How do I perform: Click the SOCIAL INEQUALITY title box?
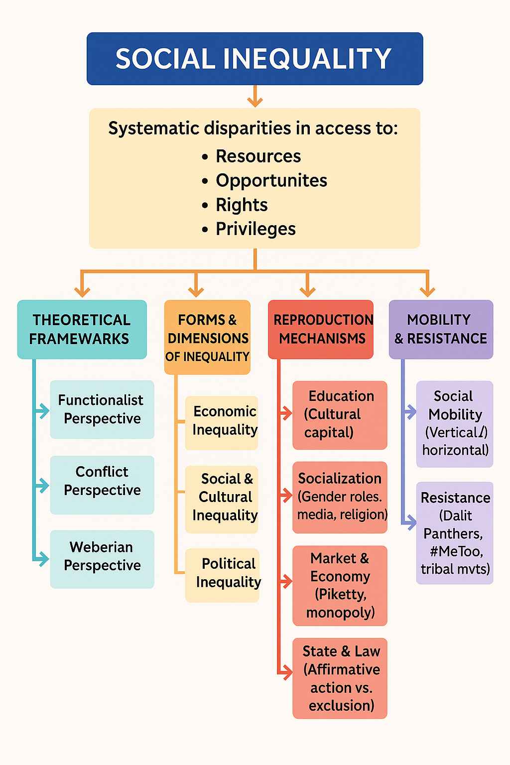click(x=255, y=59)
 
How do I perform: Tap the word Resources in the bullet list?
click(x=258, y=156)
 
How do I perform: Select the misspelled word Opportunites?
click(x=271, y=180)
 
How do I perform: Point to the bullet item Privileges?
click(x=255, y=229)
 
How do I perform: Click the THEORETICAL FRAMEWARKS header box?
click(x=82, y=329)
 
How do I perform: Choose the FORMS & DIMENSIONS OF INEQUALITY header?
click(x=207, y=337)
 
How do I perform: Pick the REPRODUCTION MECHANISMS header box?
click(x=321, y=329)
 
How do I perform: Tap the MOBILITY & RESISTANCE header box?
click(x=441, y=329)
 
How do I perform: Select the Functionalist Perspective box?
click(x=102, y=409)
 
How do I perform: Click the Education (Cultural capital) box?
click(x=340, y=415)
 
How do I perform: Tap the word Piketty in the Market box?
click(x=341, y=595)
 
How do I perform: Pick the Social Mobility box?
click(x=455, y=424)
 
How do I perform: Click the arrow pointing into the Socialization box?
click(x=286, y=496)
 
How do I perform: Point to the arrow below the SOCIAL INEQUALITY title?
click(x=255, y=97)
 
